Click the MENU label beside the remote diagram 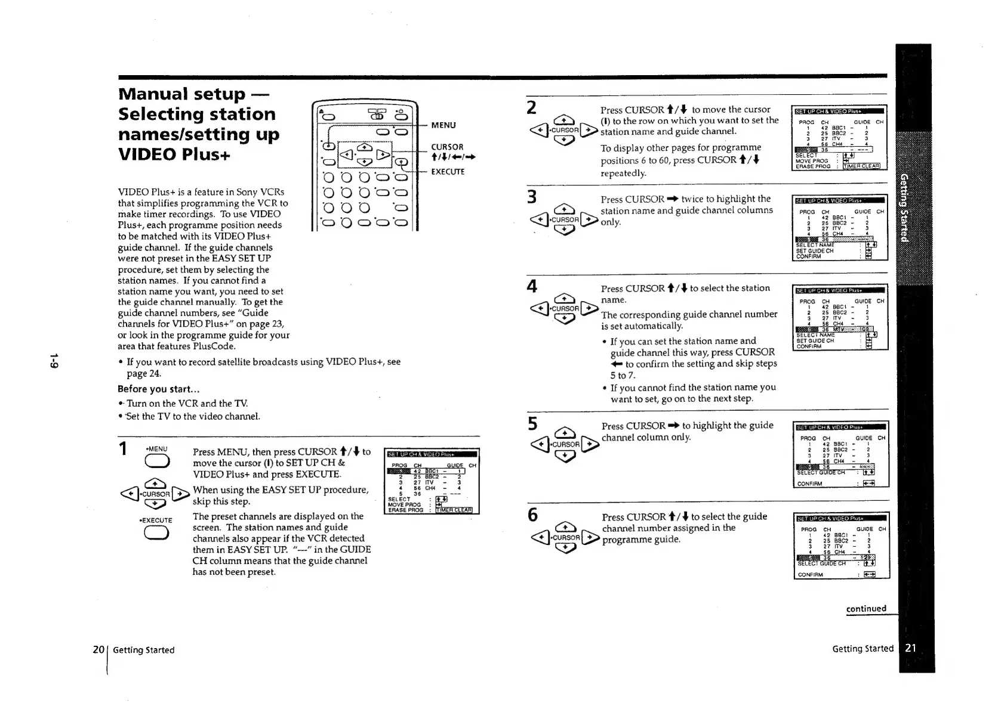(x=443, y=125)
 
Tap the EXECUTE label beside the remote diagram (x=447, y=172)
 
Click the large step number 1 (x=123, y=448)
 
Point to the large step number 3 (x=531, y=197)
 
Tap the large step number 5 (x=532, y=424)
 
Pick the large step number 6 (x=532, y=515)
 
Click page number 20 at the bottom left (x=98, y=649)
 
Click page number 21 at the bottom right (x=910, y=648)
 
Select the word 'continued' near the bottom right (x=866, y=609)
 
